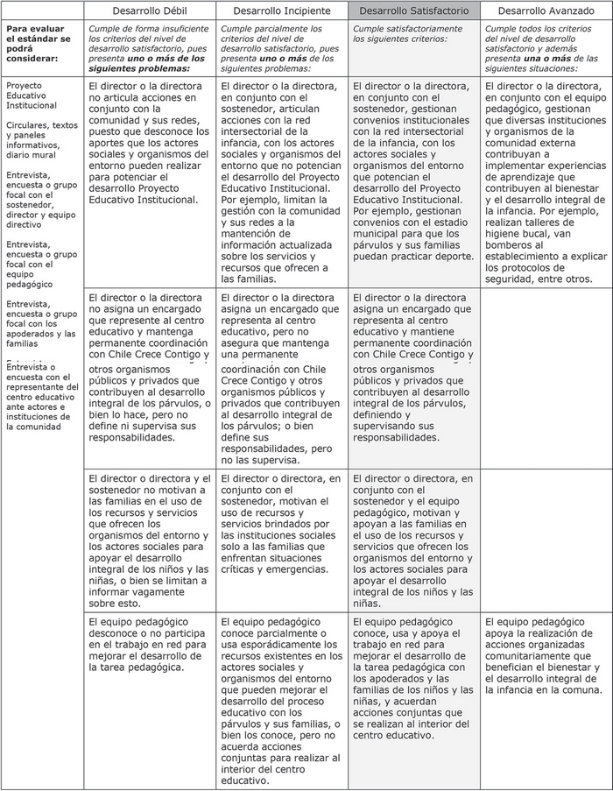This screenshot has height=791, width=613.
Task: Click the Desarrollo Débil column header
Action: click(x=150, y=11)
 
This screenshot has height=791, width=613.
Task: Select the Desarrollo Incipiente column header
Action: click(x=281, y=11)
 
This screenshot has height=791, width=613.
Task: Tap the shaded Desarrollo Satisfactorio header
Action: click(x=413, y=11)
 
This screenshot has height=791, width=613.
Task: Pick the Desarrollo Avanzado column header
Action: click(x=546, y=11)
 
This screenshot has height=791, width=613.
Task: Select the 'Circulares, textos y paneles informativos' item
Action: click(x=41, y=140)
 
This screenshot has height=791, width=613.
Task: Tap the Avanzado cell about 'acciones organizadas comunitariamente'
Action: click(x=546, y=649)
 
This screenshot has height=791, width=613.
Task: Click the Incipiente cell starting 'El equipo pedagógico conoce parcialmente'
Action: click(x=281, y=700)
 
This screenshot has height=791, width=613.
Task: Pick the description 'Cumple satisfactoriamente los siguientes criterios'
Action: click(x=413, y=34)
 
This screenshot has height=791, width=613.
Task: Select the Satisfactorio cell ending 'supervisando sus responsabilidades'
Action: click(x=413, y=368)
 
